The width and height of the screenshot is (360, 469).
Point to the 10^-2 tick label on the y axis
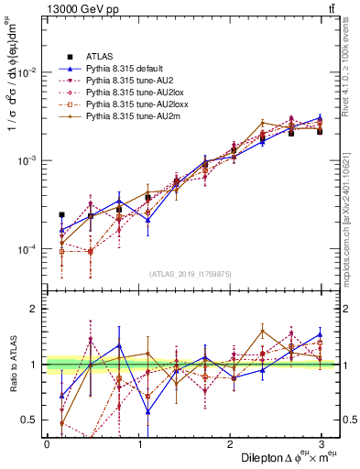tap(27, 72)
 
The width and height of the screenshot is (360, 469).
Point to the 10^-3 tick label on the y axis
tap(27, 160)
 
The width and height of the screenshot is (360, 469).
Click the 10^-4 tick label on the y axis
tap(27, 249)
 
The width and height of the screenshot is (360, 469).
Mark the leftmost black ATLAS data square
tap(61, 215)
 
